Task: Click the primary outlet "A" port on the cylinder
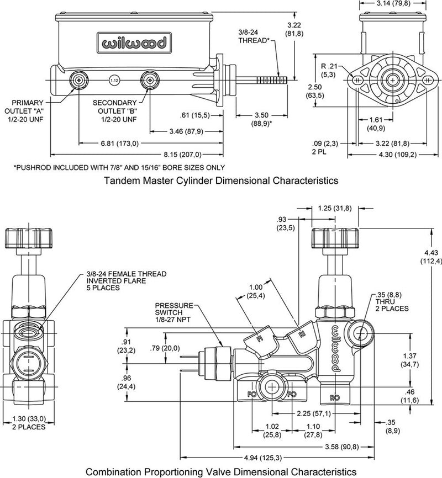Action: click(x=80, y=80)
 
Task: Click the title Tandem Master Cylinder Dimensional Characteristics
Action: click(x=221, y=180)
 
